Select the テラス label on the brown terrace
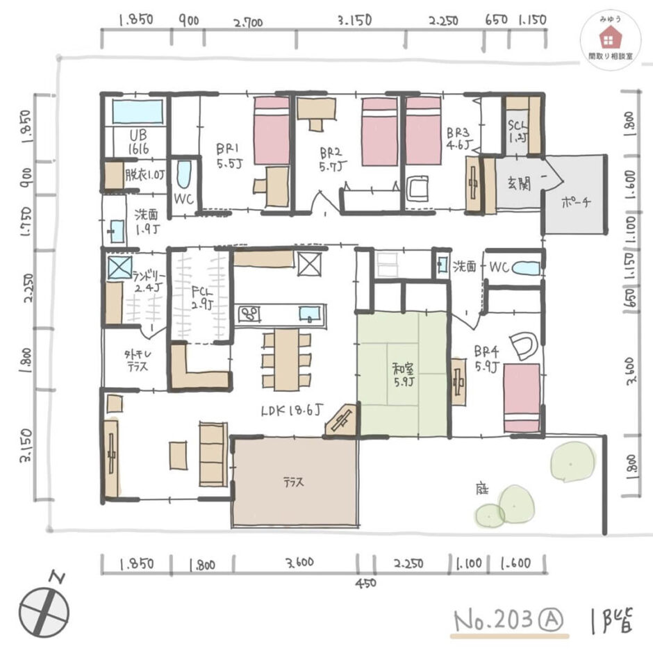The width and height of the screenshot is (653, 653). click(x=293, y=481)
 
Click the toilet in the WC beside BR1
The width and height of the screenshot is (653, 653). click(x=183, y=175)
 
